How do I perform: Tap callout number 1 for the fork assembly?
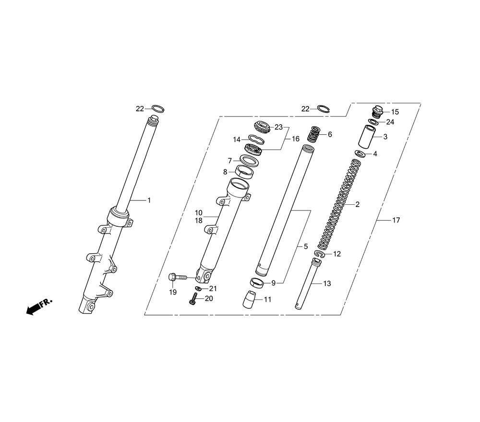point(149,200)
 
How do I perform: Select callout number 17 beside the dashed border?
point(396,221)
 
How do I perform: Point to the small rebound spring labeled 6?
point(313,134)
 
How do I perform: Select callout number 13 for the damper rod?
point(327,283)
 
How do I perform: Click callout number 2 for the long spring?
point(357,204)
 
